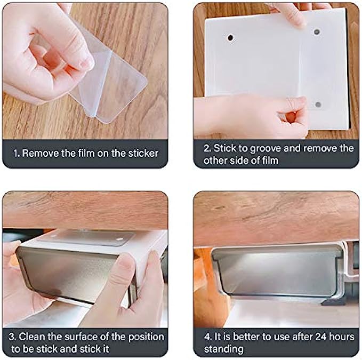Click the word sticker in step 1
[143, 153]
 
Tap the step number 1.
[16, 153]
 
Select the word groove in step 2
[266, 149]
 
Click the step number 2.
[207, 148]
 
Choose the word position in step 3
[146, 338]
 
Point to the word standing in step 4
[223, 349]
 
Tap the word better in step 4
[246, 337]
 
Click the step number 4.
[207, 337]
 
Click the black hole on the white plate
[230, 37]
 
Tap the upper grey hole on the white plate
[317, 31]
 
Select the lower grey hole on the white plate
[318, 105]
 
